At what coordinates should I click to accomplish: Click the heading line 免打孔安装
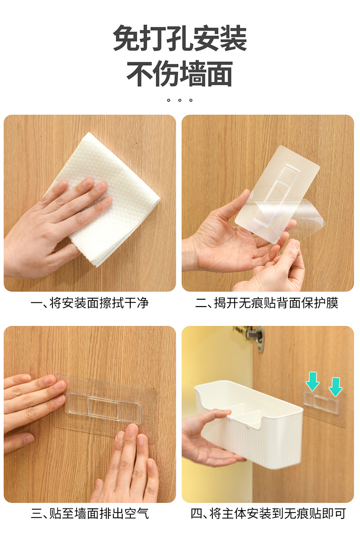(180, 39)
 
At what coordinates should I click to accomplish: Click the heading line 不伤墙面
(180, 73)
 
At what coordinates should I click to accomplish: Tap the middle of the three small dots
(180, 100)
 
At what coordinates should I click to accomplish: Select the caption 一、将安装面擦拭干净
(90, 303)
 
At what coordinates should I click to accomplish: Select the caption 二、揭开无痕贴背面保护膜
(267, 303)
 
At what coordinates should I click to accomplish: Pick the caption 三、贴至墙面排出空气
(90, 514)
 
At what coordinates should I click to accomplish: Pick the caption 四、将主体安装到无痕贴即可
(268, 514)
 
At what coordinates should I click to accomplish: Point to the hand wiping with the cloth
(55, 228)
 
